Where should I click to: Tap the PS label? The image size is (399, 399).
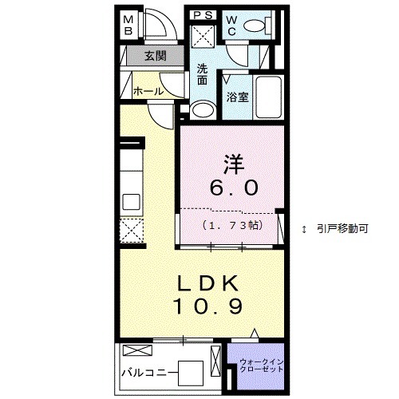203,14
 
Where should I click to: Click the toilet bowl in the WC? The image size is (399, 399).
255,27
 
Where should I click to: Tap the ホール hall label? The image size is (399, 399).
148,91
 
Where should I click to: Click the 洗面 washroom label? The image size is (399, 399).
203,74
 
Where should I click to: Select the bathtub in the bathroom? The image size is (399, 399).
268,97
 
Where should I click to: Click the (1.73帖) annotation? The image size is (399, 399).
231,226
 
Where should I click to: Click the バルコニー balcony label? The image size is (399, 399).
148,372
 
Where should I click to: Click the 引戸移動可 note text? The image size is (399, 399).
340,228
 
